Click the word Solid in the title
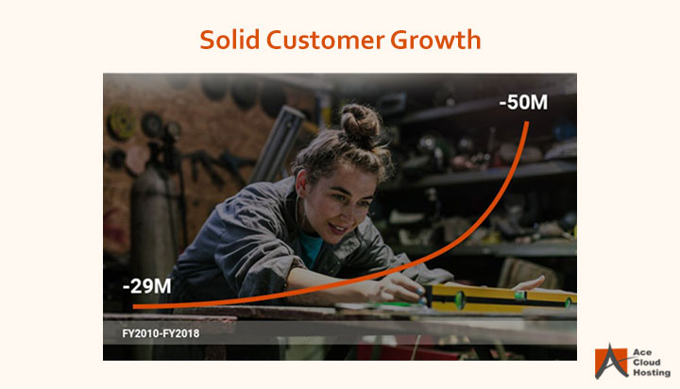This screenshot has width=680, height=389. (x=229, y=40)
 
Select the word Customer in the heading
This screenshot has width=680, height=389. (x=325, y=40)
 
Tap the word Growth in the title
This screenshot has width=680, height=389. (x=435, y=40)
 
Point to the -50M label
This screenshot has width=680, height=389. (x=523, y=102)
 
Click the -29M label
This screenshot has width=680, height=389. (x=146, y=286)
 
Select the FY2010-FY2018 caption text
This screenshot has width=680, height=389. (x=161, y=333)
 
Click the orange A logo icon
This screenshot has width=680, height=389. (x=611, y=362)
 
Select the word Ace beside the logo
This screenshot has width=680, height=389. (x=642, y=352)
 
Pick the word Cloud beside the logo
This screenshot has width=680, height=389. (x=647, y=363)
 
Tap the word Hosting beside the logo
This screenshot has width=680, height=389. (x=652, y=373)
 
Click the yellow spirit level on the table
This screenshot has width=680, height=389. (x=501, y=297)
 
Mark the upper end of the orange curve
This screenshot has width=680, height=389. (x=527, y=123)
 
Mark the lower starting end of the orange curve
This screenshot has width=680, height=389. (x=134, y=307)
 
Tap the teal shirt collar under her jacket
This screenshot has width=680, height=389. (x=311, y=248)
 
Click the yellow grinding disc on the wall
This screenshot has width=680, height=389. (x=121, y=123)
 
